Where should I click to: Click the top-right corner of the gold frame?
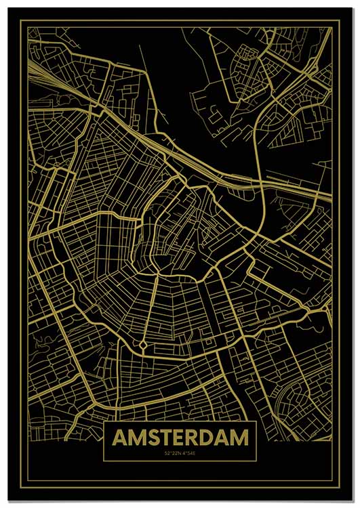338,22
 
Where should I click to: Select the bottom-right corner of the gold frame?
338,486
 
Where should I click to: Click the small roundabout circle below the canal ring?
144,345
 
